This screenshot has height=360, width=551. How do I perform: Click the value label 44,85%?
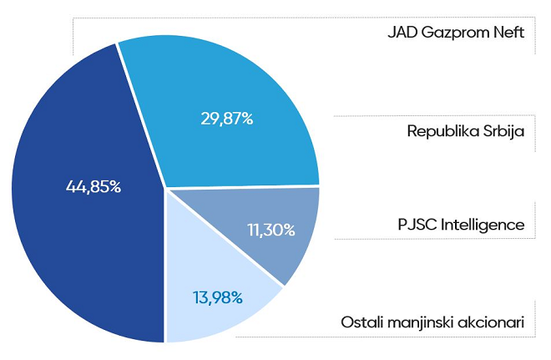[94, 186]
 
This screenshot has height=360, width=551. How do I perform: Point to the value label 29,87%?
[226, 119]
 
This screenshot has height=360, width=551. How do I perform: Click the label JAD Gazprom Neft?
[455, 34]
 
